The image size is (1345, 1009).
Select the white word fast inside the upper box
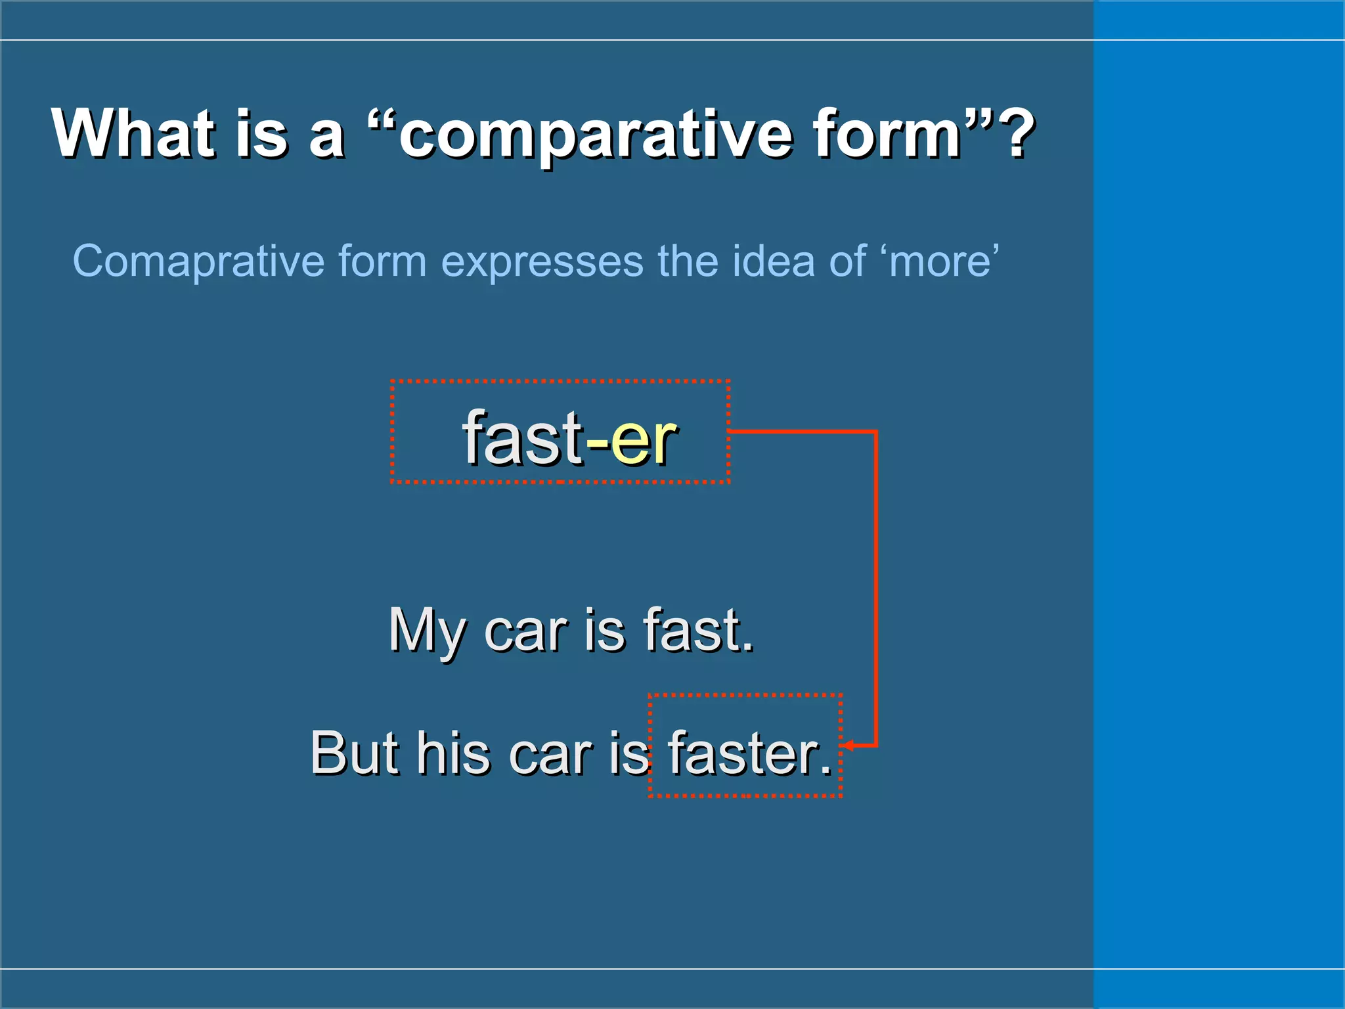(x=522, y=437)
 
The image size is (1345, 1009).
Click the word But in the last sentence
(x=355, y=753)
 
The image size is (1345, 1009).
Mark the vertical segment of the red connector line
(x=875, y=591)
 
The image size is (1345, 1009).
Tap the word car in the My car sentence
(x=525, y=631)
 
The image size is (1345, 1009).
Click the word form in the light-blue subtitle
(x=382, y=261)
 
